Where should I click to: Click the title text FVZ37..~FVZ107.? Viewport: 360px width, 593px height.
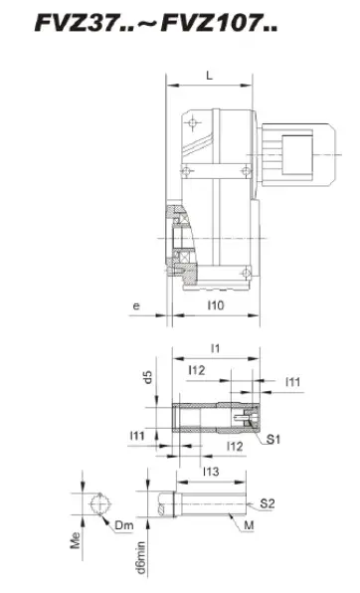[x=156, y=24]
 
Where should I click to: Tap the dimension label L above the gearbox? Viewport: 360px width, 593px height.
[x=209, y=76]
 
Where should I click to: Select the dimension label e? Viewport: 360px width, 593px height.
[x=136, y=305]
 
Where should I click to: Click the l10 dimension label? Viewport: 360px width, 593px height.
[x=216, y=304]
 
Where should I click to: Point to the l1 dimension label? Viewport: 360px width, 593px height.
[x=215, y=348]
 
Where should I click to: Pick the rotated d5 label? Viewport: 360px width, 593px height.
[x=148, y=377]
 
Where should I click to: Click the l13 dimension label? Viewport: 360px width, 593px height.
[x=211, y=472]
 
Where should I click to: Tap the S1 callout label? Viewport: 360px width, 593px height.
[x=273, y=439]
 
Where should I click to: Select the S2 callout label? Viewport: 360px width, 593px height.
[x=267, y=503]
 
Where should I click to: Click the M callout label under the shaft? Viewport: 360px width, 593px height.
[x=249, y=525]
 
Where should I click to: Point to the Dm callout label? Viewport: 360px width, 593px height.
[x=124, y=525]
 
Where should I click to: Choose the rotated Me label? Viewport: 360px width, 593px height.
[x=76, y=540]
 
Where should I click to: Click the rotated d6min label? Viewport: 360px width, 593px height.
[x=140, y=557]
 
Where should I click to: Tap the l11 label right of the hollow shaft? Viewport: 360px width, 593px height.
[x=292, y=382]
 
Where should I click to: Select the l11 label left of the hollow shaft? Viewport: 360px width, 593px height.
[x=137, y=436]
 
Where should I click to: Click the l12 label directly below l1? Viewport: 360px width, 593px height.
[x=197, y=370]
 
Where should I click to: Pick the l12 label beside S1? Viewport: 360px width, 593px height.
[x=235, y=447]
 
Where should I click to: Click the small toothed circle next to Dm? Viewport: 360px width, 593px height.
[x=99, y=503]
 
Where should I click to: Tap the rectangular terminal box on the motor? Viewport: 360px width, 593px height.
[x=297, y=154]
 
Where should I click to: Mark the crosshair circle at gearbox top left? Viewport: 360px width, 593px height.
[x=193, y=123]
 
